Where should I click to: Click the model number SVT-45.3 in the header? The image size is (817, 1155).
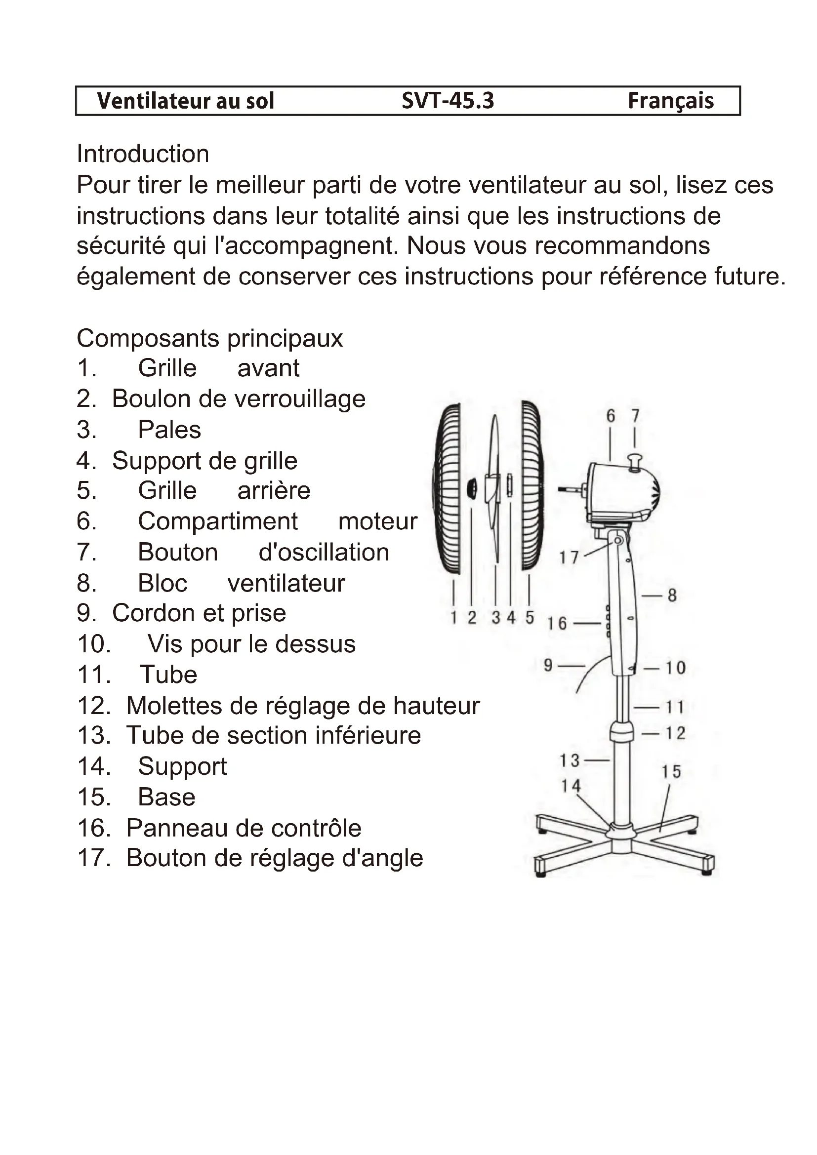coord(447,101)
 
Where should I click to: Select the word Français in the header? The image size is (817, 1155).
coord(670,101)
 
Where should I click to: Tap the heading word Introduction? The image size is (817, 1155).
coord(142,154)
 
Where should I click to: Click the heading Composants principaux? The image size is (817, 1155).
coord(209,338)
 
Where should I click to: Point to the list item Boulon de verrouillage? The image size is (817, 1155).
coord(239,399)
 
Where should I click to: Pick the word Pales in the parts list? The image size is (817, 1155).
coord(169,430)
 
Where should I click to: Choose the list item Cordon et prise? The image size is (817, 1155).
coord(199,613)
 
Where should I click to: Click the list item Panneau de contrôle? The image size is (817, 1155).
coord(244,828)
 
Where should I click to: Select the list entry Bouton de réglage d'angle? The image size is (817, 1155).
coord(274,858)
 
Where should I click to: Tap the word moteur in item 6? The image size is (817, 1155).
coord(378,521)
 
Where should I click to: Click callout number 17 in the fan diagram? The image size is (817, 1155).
coord(569,558)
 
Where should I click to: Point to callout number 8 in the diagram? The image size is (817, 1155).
coord(672,596)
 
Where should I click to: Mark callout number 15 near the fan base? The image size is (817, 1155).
coord(671,771)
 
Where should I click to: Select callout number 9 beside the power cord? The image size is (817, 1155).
coord(548,666)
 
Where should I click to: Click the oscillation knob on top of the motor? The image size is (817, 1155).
coord(635,461)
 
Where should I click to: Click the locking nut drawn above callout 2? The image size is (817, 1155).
coord(472,488)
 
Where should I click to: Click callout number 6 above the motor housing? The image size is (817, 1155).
coord(610,416)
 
